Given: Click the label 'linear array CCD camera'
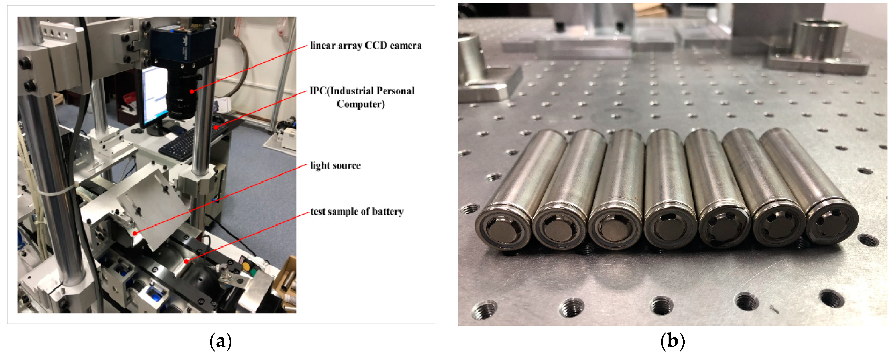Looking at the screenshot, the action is point(365,45).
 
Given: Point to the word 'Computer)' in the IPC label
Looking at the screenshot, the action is point(360,104).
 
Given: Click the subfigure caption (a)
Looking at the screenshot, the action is point(221,341).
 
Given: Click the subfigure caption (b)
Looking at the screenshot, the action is point(672,341).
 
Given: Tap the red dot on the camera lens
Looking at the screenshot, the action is point(192,91).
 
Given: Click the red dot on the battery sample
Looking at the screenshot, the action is point(187,261).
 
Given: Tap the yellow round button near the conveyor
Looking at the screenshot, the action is point(246,267).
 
